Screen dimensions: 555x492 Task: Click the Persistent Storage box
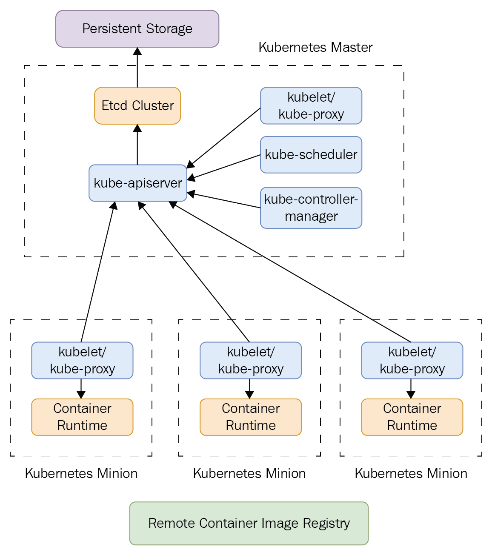tap(137, 29)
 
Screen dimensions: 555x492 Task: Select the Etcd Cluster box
tap(137, 106)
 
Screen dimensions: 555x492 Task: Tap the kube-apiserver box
tap(138, 183)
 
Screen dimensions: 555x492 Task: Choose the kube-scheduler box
tap(311, 155)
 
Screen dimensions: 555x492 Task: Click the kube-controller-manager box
tap(311, 208)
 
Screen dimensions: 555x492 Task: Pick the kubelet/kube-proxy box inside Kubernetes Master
tap(311, 106)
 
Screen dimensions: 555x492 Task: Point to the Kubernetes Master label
tap(315, 47)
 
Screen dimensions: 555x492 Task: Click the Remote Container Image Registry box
tap(249, 523)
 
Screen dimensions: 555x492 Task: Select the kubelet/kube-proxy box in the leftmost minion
tap(82, 360)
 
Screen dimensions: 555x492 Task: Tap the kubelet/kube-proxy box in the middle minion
tap(251, 360)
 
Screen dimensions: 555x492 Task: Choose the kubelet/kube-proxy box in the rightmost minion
tap(412, 360)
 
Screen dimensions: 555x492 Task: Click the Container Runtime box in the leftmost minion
tap(82, 417)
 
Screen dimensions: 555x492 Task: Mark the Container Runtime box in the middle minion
tap(251, 417)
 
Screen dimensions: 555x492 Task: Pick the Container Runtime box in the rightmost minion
tap(412, 417)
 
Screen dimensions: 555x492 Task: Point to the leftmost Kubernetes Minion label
tap(81, 473)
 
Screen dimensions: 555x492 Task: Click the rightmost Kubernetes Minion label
tap(411, 473)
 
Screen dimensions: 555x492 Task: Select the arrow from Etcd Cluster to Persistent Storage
tap(137, 68)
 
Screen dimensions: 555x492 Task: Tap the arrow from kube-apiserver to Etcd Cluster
tap(137, 145)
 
